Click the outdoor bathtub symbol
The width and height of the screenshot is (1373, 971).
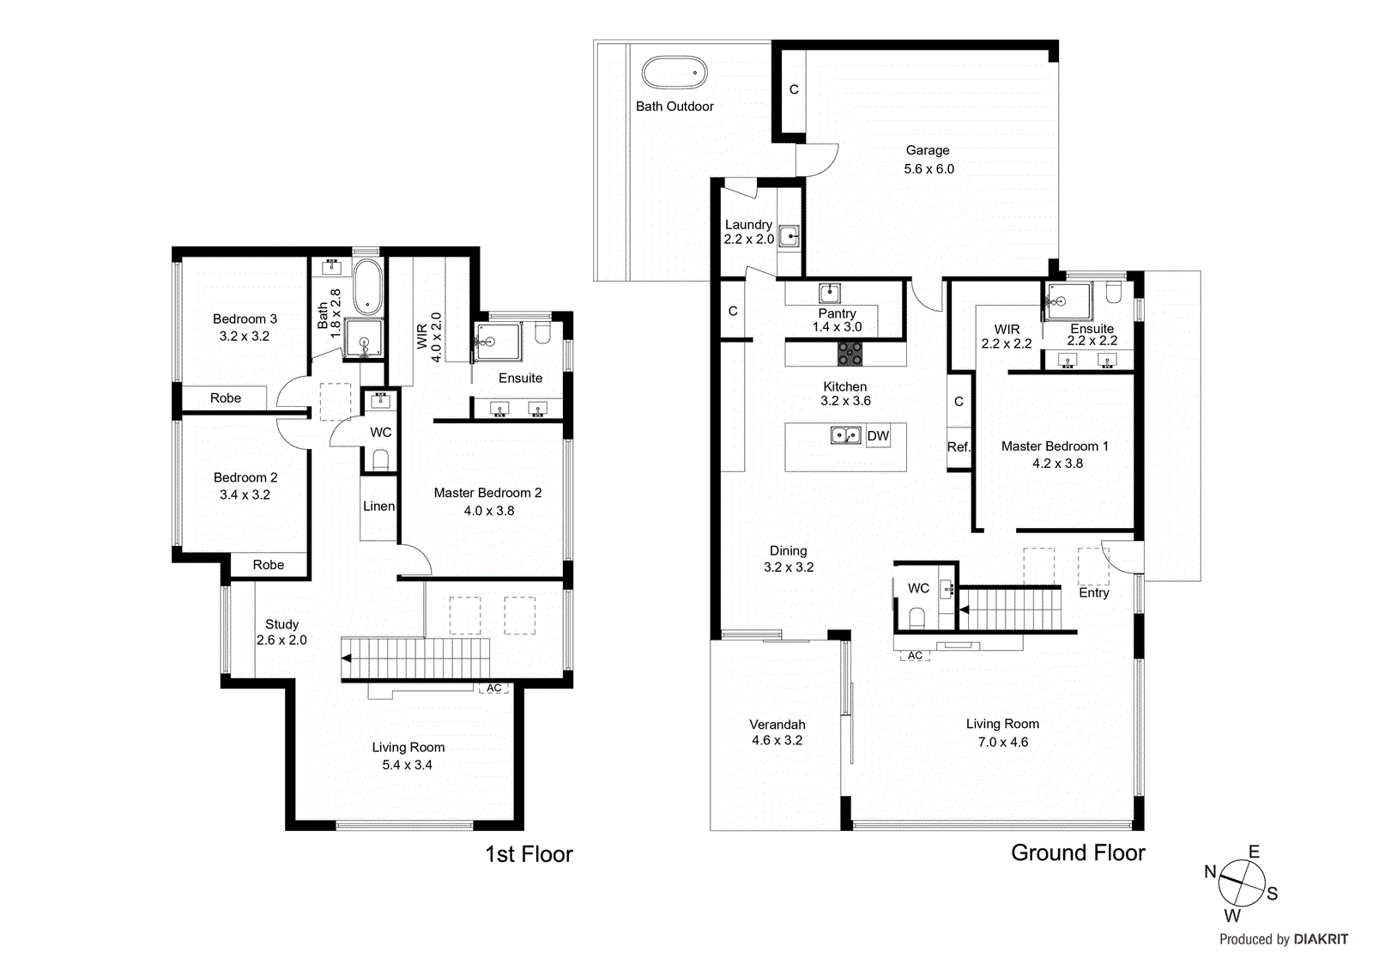674,73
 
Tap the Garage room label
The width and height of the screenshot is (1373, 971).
928,150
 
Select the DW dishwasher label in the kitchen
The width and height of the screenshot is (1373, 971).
878,436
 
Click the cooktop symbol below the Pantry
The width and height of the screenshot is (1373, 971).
850,353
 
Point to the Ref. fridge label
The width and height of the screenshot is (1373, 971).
959,447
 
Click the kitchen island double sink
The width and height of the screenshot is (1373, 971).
845,435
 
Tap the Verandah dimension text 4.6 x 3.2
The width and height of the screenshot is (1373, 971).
777,740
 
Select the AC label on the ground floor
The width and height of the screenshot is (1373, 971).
916,656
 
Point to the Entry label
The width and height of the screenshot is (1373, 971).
1093,593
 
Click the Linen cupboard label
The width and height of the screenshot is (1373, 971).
378,507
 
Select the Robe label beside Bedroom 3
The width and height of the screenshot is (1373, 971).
226,398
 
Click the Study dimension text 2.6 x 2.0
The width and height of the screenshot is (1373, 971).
281,640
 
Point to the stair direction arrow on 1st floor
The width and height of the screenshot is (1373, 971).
346,658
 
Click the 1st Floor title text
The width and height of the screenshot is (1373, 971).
529,854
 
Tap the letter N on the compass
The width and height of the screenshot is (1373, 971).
1210,872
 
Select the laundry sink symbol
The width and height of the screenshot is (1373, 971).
789,236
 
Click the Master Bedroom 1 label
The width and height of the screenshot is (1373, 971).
1055,446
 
